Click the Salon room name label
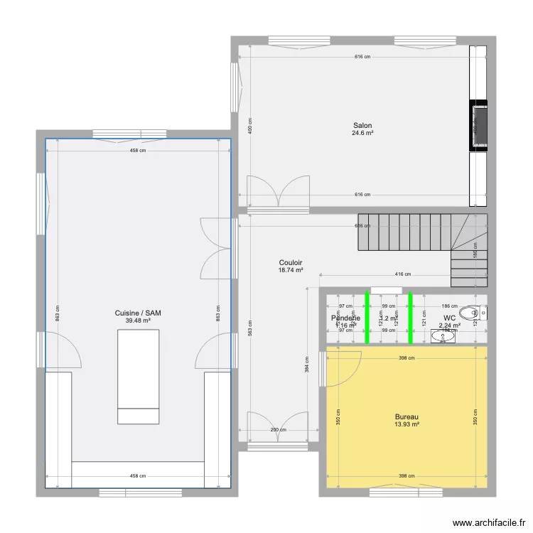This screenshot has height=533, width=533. (x=362, y=125)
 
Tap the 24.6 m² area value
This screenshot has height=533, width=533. (x=362, y=133)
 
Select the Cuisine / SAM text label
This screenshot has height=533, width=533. (x=138, y=313)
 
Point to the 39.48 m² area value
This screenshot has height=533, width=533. (x=138, y=321)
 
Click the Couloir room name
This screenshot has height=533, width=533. (x=291, y=262)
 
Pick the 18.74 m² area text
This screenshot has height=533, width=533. (x=291, y=270)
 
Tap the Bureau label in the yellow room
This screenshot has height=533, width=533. (x=407, y=416)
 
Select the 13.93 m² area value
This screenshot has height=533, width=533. (x=407, y=424)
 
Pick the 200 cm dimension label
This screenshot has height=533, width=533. (x=279, y=429)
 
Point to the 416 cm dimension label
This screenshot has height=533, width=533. (x=402, y=274)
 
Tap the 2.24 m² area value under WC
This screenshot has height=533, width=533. (x=449, y=325)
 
